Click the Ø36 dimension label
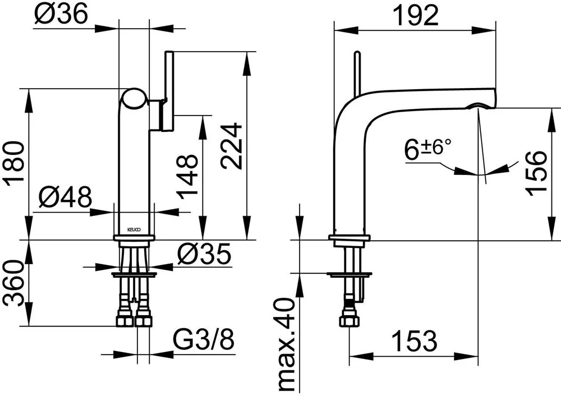(x=61, y=15)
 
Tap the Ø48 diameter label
(x=65, y=196)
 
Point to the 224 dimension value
(x=231, y=146)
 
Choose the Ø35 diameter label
(x=205, y=255)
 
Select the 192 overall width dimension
(x=415, y=15)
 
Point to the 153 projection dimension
(x=415, y=341)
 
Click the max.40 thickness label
(x=287, y=344)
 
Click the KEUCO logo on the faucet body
(x=135, y=229)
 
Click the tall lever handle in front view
(x=169, y=91)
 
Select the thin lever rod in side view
(x=357, y=73)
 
